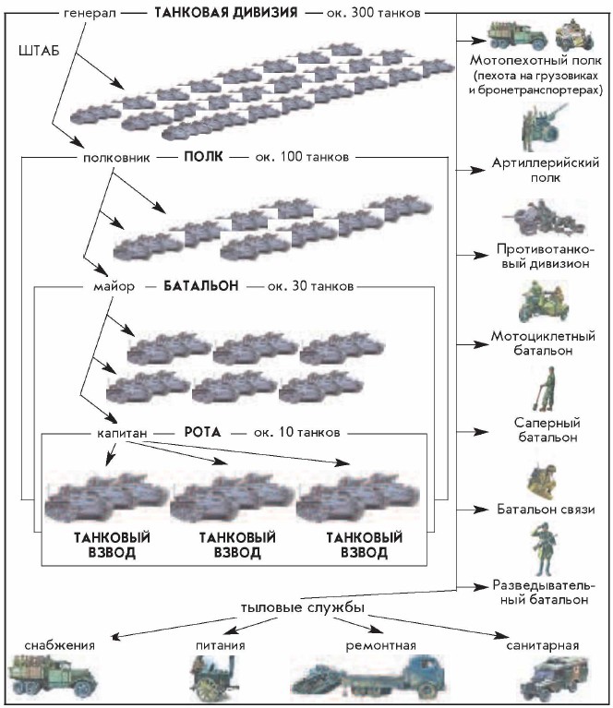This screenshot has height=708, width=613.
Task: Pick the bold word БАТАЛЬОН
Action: pos(201,286)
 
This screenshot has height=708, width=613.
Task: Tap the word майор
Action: pos(114,286)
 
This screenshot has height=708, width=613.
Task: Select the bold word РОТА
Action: pos(201,431)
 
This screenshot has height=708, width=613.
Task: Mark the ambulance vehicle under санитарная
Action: pos(549,679)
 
